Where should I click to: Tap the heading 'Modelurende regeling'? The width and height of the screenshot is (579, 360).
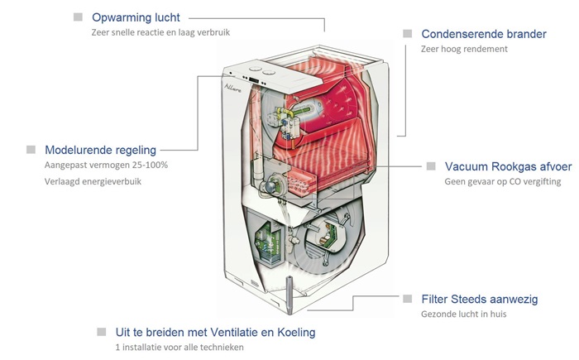100,150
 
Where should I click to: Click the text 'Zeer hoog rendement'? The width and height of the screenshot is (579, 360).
464,49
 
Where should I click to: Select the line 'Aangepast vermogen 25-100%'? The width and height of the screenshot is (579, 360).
106,165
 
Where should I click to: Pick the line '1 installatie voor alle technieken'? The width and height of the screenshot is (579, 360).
179,347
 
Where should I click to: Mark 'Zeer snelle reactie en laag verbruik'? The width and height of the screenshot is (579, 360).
160,32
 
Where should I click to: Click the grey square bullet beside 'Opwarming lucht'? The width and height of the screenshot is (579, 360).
78,17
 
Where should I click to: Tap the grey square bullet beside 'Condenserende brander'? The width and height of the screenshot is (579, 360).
407,33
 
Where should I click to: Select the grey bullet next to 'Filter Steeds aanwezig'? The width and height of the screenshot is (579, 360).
407,298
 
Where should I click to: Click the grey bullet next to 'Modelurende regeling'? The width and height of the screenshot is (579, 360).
31,149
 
